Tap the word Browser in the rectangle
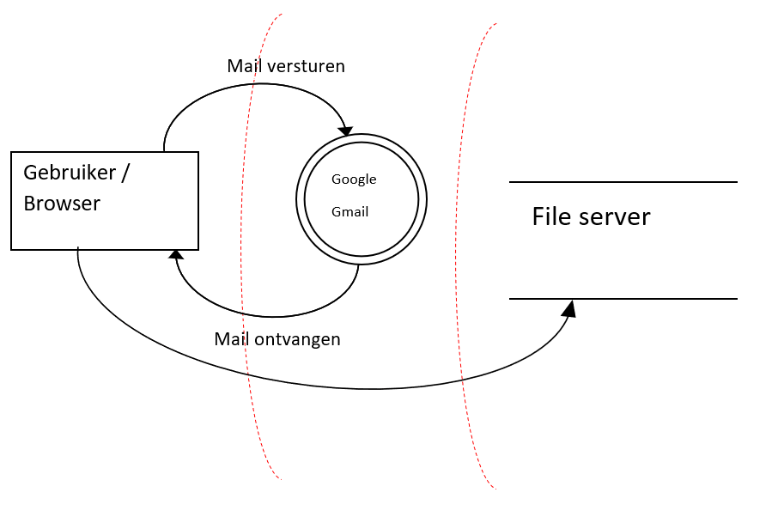tap(62, 204)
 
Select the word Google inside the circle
tap(354, 179)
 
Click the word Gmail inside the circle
tap(349, 211)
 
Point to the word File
tap(550, 216)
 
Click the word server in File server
tap(613, 216)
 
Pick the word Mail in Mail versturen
tap(244, 66)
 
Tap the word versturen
tap(306, 66)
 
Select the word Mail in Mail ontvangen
tap(232, 339)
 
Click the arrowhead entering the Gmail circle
tap(345, 131)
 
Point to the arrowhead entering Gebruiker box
tap(176, 254)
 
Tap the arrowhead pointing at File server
tap(568, 307)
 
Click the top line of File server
tap(623, 182)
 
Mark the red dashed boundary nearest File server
tap(468, 258)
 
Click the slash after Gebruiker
tap(125, 172)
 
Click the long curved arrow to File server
tap(369, 389)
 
